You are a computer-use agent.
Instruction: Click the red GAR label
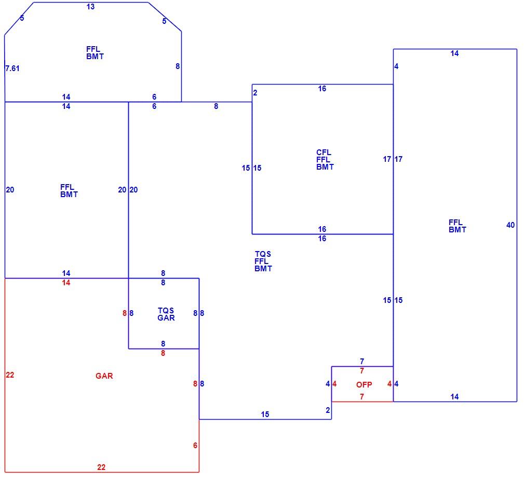104,376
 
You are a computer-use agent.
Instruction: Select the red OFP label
364,385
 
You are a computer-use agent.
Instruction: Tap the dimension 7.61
12,68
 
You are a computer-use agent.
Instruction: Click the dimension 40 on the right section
510,225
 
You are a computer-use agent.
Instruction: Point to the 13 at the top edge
90,7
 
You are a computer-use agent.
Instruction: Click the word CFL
324,153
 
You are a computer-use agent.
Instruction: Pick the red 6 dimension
195,446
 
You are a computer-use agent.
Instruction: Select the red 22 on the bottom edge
101,467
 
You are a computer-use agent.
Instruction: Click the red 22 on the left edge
10,375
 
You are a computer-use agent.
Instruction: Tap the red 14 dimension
66,283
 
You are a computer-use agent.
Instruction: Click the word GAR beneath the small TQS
166,318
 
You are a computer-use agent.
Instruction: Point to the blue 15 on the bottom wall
265,414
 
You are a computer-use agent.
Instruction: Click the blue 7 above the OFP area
362,362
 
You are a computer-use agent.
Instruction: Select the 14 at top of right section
454,53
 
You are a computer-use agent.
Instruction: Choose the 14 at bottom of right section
454,397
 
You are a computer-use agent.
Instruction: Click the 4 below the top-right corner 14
396,66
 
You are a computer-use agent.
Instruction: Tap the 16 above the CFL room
322,89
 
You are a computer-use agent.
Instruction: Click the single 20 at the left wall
10,190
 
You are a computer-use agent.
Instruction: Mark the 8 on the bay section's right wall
178,66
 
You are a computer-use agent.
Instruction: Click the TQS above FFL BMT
263,254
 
